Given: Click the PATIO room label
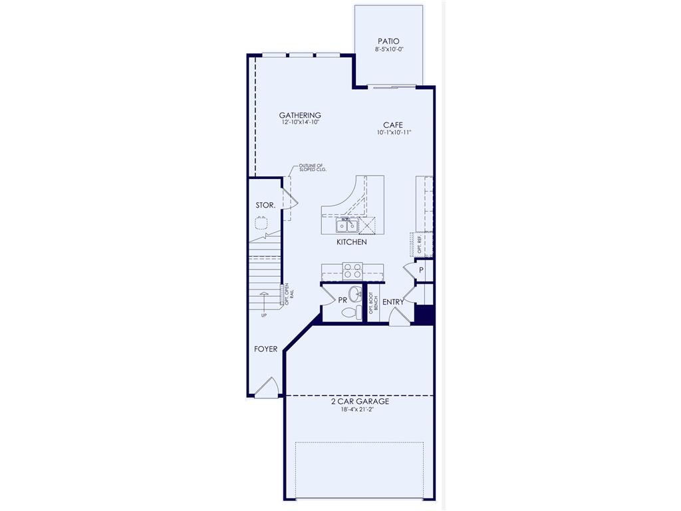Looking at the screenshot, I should [388, 41].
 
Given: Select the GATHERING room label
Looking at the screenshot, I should [300, 115].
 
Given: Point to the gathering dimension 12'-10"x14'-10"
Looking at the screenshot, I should [300, 123].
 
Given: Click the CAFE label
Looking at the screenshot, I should [392, 124].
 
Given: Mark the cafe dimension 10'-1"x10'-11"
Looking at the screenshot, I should [394, 132].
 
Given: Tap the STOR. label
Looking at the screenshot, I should [265, 206].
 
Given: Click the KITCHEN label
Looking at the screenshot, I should [351, 242].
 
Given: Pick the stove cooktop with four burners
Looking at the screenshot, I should [352, 271].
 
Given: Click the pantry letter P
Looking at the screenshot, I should [421, 270].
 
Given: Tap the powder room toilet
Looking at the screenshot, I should [358, 312].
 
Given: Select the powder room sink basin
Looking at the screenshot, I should [354, 293].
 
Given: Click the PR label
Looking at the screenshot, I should [343, 301].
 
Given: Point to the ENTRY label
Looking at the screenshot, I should [393, 302].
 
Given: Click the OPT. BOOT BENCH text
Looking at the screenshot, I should [373, 302].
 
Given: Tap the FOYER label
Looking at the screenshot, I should [265, 349].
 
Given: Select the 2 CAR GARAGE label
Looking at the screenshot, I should [360, 402].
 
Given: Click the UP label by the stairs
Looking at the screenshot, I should [264, 315].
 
